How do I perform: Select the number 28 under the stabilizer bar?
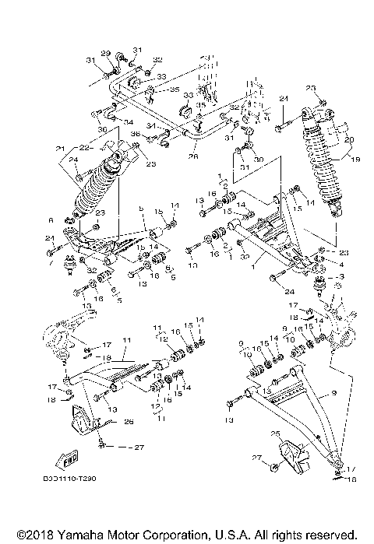click(193, 156)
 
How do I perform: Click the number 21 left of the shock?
click(60, 149)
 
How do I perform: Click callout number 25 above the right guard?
click(273, 433)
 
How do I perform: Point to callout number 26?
click(129, 423)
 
